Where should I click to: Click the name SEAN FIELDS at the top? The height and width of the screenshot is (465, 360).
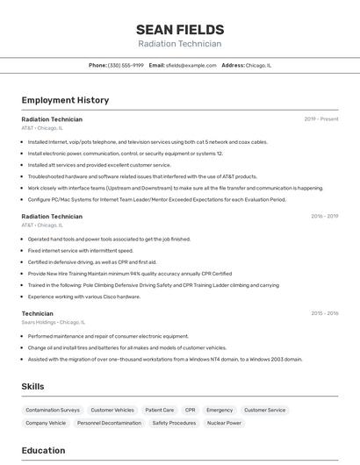[x=180, y=29]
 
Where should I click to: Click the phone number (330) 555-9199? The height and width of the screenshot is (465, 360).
[x=126, y=65]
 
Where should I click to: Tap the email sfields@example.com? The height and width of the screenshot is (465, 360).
[x=191, y=65]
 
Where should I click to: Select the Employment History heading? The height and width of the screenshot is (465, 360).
[x=65, y=100]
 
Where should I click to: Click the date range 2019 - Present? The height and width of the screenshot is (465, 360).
[x=321, y=118]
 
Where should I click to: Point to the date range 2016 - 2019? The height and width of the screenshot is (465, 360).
[x=324, y=216]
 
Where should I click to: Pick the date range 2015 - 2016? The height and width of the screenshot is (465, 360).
[x=324, y=313]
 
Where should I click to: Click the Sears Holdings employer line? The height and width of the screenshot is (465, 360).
[x=53, y=322]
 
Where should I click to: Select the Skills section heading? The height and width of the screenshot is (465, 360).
[x=32, y=386]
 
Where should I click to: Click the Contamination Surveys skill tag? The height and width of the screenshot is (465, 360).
[x=53, y=410]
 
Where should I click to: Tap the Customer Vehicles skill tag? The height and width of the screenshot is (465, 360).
[x=112, y=410]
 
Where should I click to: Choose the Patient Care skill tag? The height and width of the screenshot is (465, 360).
[x=159, y=410]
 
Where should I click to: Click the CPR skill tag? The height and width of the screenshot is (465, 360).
[x=190, y=410]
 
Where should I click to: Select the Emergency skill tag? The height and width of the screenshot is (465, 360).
[x=220, y=410]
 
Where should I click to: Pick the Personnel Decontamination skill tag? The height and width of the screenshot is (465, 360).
[x=109, y=423]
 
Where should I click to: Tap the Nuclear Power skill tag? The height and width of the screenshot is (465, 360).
[x=224, y=423]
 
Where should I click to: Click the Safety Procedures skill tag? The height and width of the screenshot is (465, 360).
[x=174, y=423]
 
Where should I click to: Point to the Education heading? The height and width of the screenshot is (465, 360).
[x=43, y=450]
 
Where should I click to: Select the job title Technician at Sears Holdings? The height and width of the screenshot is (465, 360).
[x=38, y=312]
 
